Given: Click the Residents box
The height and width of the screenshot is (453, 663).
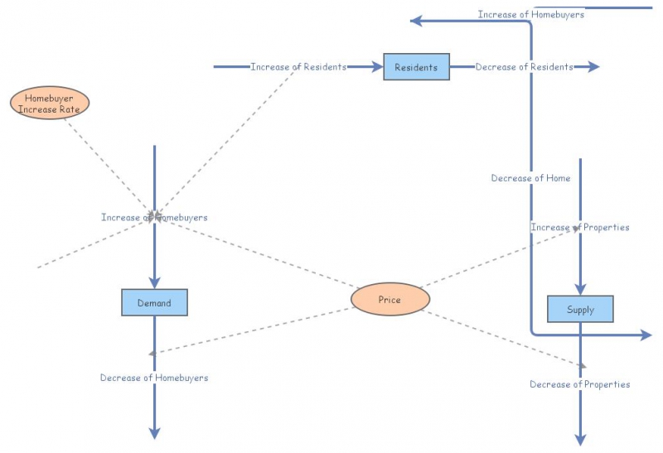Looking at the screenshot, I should click(x=416, y=67).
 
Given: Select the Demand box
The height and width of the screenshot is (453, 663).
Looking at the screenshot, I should click(x=154, y=303).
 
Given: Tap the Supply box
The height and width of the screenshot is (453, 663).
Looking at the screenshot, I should click(x=580, y=310).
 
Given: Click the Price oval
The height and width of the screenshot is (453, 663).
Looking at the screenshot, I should click(x=390, y=299).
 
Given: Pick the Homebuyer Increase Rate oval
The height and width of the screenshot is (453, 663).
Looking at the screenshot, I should click(x=50, y=103).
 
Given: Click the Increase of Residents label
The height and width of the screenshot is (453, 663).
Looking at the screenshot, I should click(x=298, y=67).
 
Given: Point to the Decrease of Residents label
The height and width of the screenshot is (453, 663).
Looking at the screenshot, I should click(x=524, y=67).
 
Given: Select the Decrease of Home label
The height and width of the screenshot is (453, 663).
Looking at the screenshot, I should click(x=530, y=178).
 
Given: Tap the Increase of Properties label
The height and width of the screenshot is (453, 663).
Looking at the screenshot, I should click(x=580, y=227).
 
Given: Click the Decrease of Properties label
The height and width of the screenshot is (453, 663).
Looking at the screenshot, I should click(x=580, y=384).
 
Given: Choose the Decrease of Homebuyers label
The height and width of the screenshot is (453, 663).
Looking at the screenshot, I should click(x=154, y=378).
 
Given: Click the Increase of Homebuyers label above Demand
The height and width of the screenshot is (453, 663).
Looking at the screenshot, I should click(x=154, y=217).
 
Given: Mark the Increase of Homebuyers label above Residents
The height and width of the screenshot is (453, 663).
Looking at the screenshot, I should click(x=530, y=14).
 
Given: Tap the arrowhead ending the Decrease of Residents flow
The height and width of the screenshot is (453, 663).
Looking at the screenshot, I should click(x=593, y=67).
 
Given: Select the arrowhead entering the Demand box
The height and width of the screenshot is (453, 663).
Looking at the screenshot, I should click(x=154, y=282).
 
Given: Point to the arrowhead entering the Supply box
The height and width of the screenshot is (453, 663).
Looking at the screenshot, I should click(x=580, y=289).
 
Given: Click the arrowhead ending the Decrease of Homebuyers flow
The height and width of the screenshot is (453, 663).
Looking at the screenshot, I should click(x=154, y=432).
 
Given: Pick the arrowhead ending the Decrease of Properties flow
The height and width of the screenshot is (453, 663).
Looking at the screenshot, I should click(x=580, y=439).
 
